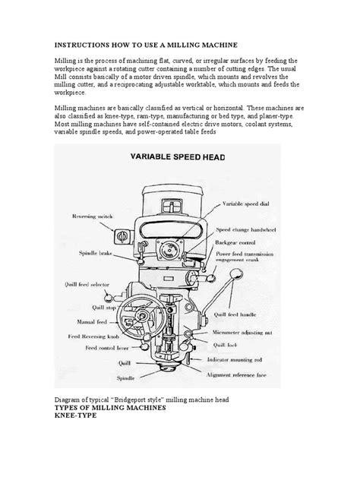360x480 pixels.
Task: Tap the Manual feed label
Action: tap(94, 322)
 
